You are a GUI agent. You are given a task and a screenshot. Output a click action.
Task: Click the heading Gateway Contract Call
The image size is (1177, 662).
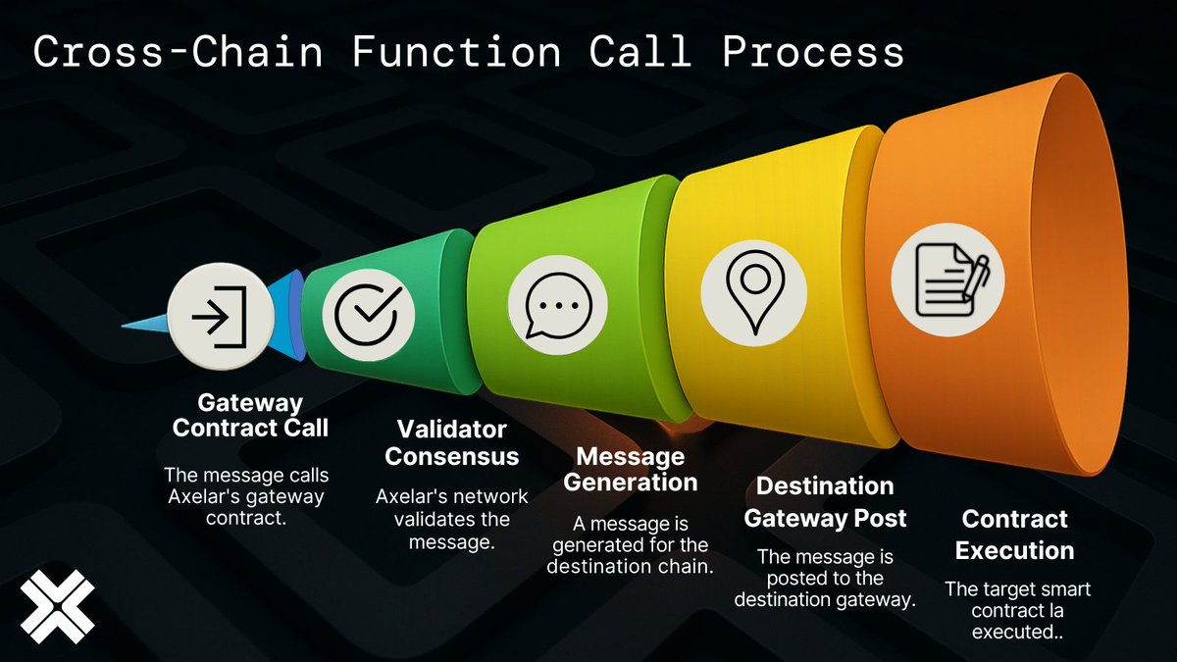pyautogui.click(x=250, y=416)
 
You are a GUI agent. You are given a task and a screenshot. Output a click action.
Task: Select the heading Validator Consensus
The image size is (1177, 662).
pyautogui.click(x=451, y=443)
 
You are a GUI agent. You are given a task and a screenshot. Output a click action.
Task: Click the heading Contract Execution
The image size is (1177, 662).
pyautogui.click(x=1014, y=535)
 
